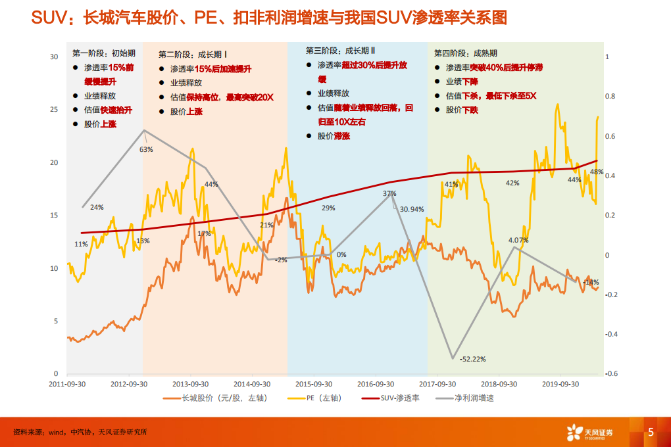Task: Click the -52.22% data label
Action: pos(473,359)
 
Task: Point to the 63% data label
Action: pos(146,149)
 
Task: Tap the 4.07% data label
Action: pos(518,240)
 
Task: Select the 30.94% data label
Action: pos(412,209)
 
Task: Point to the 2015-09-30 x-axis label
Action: pos(312,383)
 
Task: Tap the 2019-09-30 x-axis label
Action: pos(559,383)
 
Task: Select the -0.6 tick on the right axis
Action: pos(610,374)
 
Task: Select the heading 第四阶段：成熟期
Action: pos(466,53)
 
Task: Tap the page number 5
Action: pos(651,432)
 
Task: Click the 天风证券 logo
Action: pos(589,432)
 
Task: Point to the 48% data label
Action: pos(597,172)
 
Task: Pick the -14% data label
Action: pos(591,282)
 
